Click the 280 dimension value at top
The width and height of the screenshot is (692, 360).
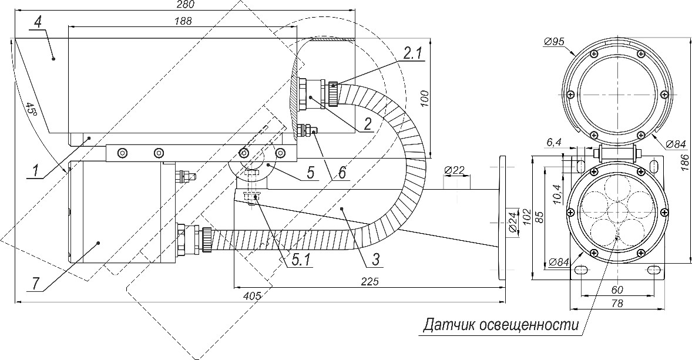point(185,5)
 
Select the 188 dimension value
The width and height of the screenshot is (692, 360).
point(183,21)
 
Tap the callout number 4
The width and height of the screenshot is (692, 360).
point(38,23)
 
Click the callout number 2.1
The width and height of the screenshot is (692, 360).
point(412,52)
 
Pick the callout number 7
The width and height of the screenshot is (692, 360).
point(36,282)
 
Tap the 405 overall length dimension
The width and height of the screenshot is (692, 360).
point(251,297)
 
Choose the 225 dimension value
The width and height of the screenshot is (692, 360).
point(369,281)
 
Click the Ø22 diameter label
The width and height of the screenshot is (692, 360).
point(455,171)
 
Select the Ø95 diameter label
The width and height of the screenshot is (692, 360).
point(555,41)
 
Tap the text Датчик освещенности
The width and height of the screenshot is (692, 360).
point(501,325)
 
